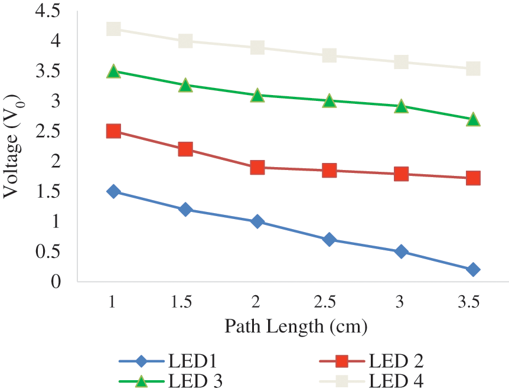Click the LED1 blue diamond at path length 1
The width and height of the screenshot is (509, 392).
click(x=113, y=191)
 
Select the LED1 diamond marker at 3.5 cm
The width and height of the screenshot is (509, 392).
click(x=473, y=270)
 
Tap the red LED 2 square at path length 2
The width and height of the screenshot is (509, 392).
click(x=257, y=168)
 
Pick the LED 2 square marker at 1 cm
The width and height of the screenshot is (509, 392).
click(x=113, y=131)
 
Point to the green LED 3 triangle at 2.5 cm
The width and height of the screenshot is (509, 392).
click(x=329, y=101)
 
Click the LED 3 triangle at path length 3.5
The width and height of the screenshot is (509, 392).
click(x=473, y=120)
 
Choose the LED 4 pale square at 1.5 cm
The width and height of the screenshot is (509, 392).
click(x=185, y=41)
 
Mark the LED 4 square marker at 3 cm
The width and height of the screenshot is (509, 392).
click(x=401, y=62)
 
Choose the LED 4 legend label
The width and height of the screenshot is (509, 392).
click(x=396, y=380)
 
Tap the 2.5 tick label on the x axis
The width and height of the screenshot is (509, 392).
click(x=325, y=303)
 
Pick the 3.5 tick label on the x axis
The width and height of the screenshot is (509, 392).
click(x=469, y=303)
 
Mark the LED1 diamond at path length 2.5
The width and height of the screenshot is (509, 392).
click(x=329, y=240)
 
